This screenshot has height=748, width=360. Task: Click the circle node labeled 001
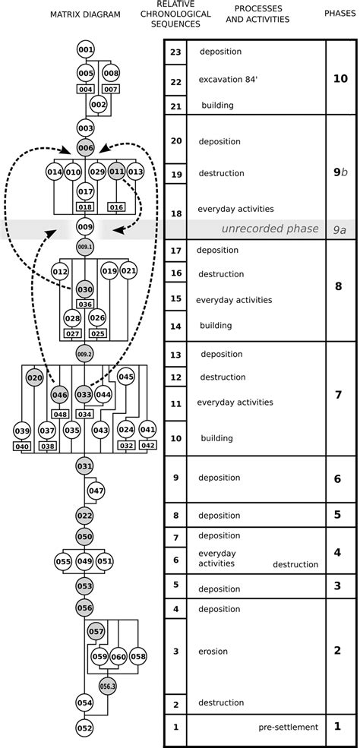(x=86, y=50)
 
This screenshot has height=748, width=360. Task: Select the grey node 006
(x=86, y=149)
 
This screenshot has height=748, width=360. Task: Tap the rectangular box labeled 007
(x=111, y=89)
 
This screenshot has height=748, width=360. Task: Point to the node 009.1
(x=86, y=247)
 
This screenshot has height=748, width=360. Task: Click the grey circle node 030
(x=86, y=289)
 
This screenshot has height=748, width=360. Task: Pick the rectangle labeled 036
(x=86, y=305)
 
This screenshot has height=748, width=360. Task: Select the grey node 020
(x=34, y=377)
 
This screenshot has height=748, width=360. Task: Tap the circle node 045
(x=126, y=377)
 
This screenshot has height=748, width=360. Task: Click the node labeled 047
(x=96, y=491)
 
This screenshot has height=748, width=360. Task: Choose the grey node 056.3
(x=108, y=683)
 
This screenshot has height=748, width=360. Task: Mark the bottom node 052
(x=86, y=727)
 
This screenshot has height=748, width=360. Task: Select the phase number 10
(x=341, y=78)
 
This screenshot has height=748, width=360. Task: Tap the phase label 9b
(x=341, y=172)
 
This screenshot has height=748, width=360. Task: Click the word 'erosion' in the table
(x=213, y=651)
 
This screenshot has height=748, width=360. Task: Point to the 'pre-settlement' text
(x=287, y=727)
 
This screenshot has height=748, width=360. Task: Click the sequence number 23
(x=175, y=52)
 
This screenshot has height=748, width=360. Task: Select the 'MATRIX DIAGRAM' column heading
(x=85, y=14)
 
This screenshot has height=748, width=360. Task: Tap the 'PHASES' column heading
(x=340, y=14)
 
